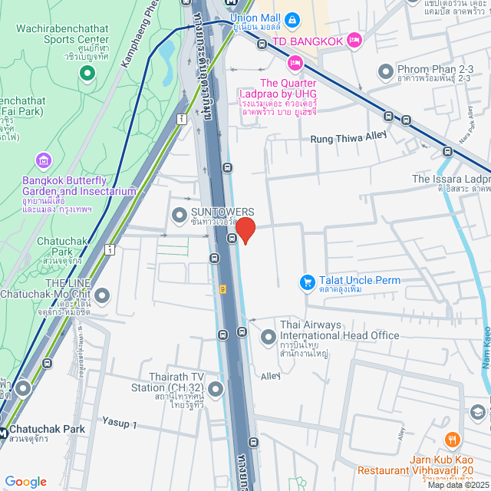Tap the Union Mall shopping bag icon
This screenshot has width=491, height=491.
292,18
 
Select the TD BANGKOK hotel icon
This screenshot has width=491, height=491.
354,39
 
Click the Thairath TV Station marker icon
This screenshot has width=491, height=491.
216,390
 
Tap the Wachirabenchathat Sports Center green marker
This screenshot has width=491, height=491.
87,73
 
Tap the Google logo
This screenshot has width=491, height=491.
25,482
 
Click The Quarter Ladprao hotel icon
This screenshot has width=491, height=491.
294,63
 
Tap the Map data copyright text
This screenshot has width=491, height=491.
457,485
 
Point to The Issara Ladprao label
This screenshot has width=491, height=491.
451,179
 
